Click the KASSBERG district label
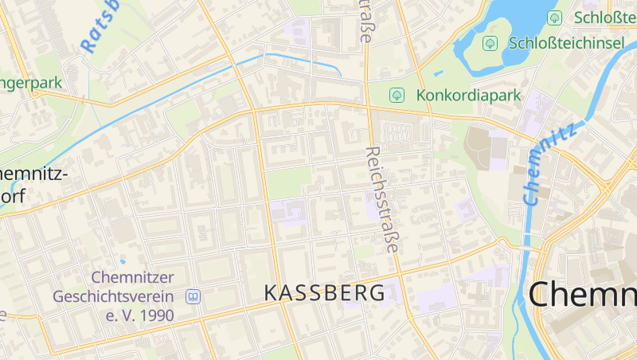coord(324,292)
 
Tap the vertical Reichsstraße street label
coord(381,200)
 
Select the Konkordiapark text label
coord(467,96)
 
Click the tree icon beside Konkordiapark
coord(396,96)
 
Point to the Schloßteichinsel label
coord(565,43)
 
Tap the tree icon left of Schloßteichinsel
coord(490,43)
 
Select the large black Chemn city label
coord(582,295)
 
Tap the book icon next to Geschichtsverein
coord(192,297)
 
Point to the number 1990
coord(150,315)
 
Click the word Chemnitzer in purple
coord(132,278)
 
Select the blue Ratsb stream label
coord(100,27)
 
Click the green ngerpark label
coord(30,82)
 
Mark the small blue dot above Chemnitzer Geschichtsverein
coord(123,260)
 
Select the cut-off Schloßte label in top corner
coord(604,18)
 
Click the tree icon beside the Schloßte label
coord(554,18)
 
